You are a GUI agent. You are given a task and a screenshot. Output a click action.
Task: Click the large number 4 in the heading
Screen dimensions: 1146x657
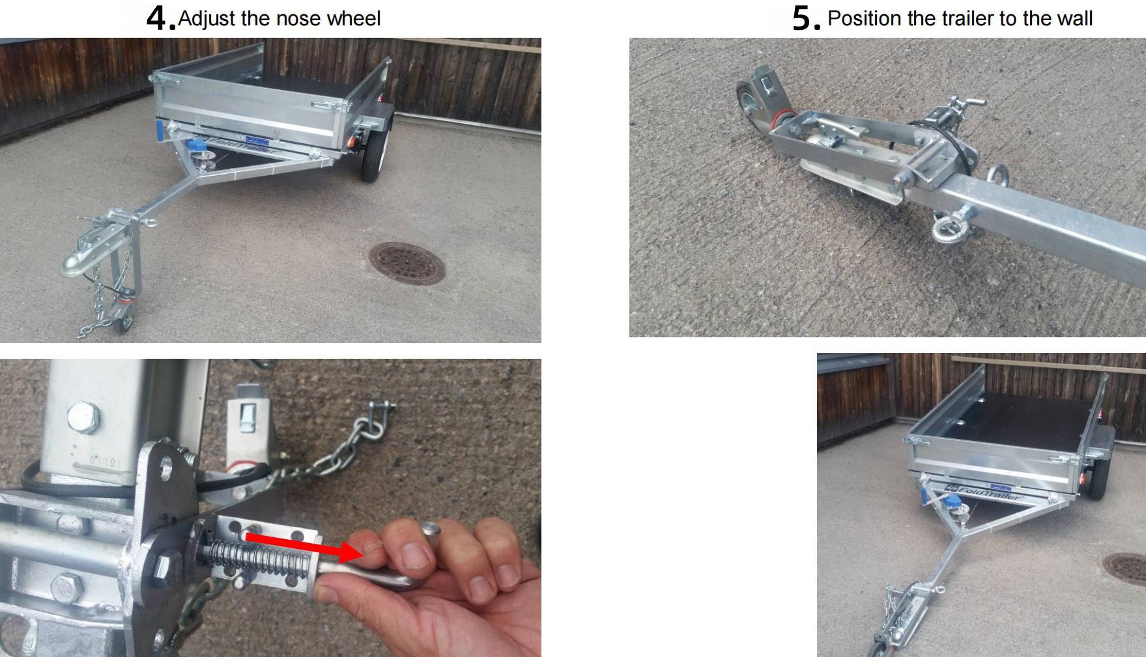pos(158,18)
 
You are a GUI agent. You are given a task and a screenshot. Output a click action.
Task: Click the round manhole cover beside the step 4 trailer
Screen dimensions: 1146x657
pos(407,263)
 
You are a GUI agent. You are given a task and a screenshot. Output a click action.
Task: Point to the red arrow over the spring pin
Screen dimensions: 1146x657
pos(304,546)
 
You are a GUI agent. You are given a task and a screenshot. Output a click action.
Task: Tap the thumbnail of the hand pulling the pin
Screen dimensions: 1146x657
pos(270,508)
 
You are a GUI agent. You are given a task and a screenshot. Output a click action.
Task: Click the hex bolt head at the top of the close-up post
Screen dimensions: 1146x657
pos(84,417)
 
